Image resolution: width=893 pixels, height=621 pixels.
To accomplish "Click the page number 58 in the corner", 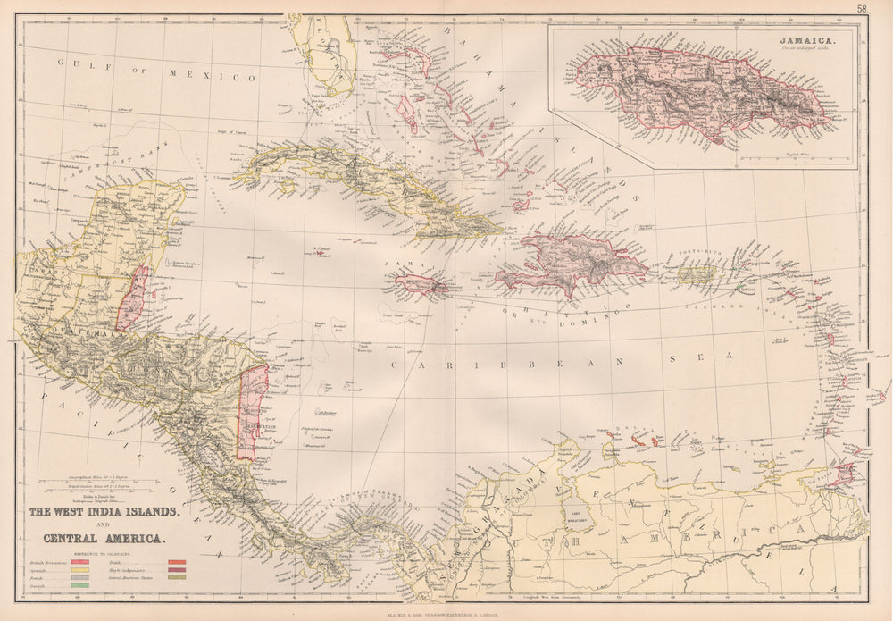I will click(861, 9).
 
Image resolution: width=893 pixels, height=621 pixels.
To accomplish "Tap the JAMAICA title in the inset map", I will click(806, 41).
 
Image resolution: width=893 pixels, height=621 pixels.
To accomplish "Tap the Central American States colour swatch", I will click(177, 577).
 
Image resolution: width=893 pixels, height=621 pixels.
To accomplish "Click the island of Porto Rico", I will click(696, 274).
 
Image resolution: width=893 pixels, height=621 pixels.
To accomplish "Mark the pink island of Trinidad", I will click(842, 474).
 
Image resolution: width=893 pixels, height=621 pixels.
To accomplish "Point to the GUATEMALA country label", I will click(63, 333).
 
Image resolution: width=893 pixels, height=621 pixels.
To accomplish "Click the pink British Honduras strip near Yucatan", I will click(132, 299).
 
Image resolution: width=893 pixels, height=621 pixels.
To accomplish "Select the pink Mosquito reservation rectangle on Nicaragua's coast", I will click(252, 411).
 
